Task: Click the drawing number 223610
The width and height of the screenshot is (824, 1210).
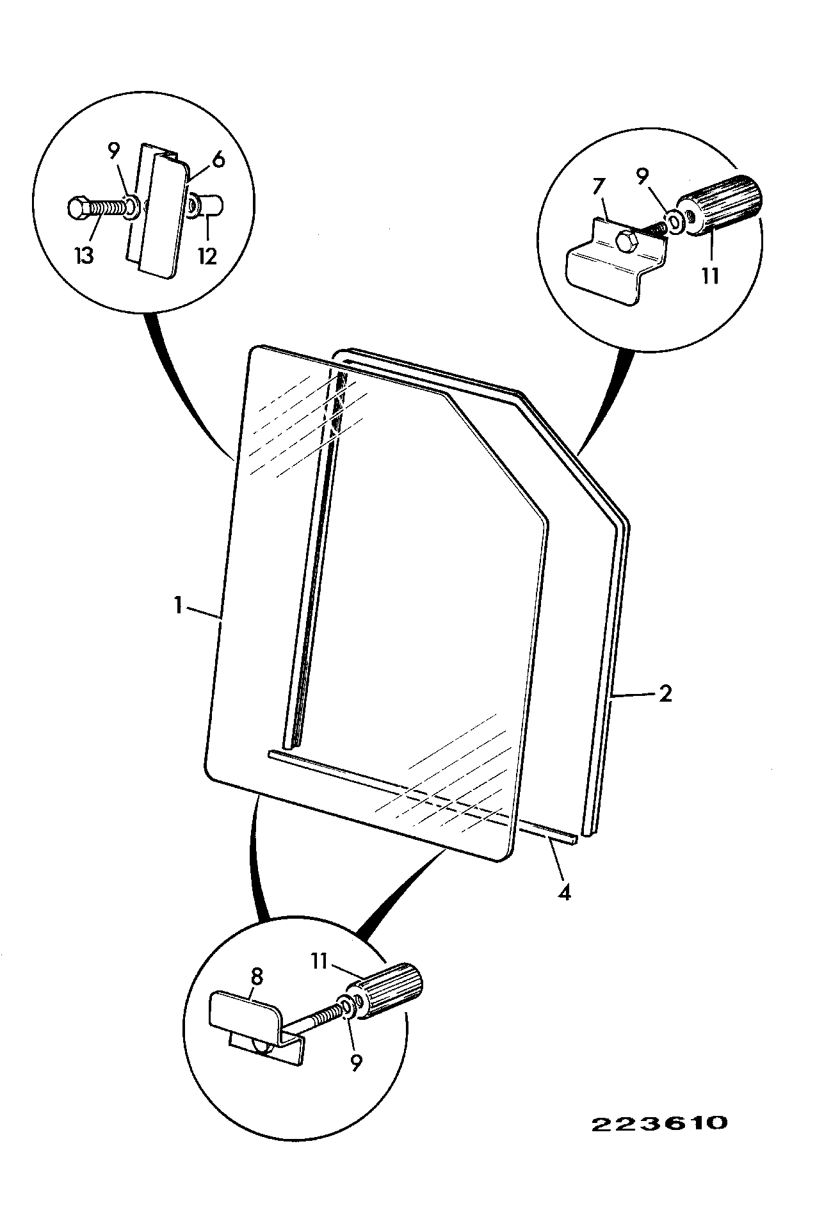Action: pos(659,1124)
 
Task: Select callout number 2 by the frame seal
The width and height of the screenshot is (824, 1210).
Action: pos(665,694)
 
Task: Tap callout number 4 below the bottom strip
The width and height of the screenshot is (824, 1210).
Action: pos(564,892)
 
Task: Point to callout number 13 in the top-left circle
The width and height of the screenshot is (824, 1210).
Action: pos(83,256)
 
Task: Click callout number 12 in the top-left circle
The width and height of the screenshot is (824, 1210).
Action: pos(207,256)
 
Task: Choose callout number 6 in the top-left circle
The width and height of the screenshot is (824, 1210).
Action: pos(218,159)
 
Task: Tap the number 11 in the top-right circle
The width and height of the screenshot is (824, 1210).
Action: pos(709,276)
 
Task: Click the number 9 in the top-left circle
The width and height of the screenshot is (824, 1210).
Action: pos(113,152)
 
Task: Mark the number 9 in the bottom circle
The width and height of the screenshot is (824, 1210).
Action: pos(356,1062)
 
